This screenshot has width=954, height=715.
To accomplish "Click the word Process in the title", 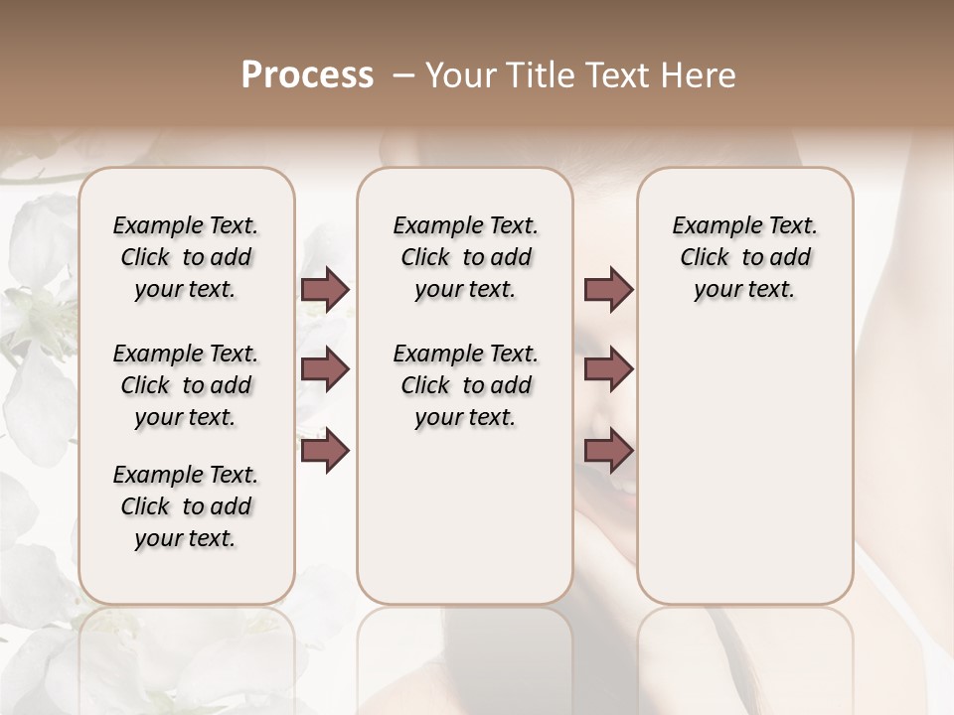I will pyautogui.click(x=307, y=75).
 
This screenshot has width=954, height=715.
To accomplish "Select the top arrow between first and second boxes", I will pyautogui.click(x=325, y=289).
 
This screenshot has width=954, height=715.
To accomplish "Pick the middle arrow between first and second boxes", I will pyautogui.click(x=325, y=369).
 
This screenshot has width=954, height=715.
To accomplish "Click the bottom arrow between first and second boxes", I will pyautogui.click(x=325, y=451).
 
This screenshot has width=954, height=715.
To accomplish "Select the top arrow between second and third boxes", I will pyautogui.click(x=608, y=289).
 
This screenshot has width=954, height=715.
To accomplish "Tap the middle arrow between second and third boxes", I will pyautogui.click(x=608, y=369).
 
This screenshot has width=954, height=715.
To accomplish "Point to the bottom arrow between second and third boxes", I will pyautogui.click(x=608, y=451).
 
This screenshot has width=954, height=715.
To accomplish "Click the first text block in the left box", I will pyautogui.click(x=186, y=257).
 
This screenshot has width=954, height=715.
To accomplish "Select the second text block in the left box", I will pyautogui.click(x=186, y=385).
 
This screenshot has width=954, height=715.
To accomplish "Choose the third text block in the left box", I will pyautogui.click(x=186, y=506).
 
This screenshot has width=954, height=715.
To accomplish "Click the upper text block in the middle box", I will pyautogui.click(x=465, y=257).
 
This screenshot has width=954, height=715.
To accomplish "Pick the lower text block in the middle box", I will pyautogui.click(x=465, y=385).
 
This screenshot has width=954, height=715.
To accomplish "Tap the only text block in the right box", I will pyautogui.click(x=744, y=257).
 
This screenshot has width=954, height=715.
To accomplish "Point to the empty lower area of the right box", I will pyautogui.click(x=744, y=457).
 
